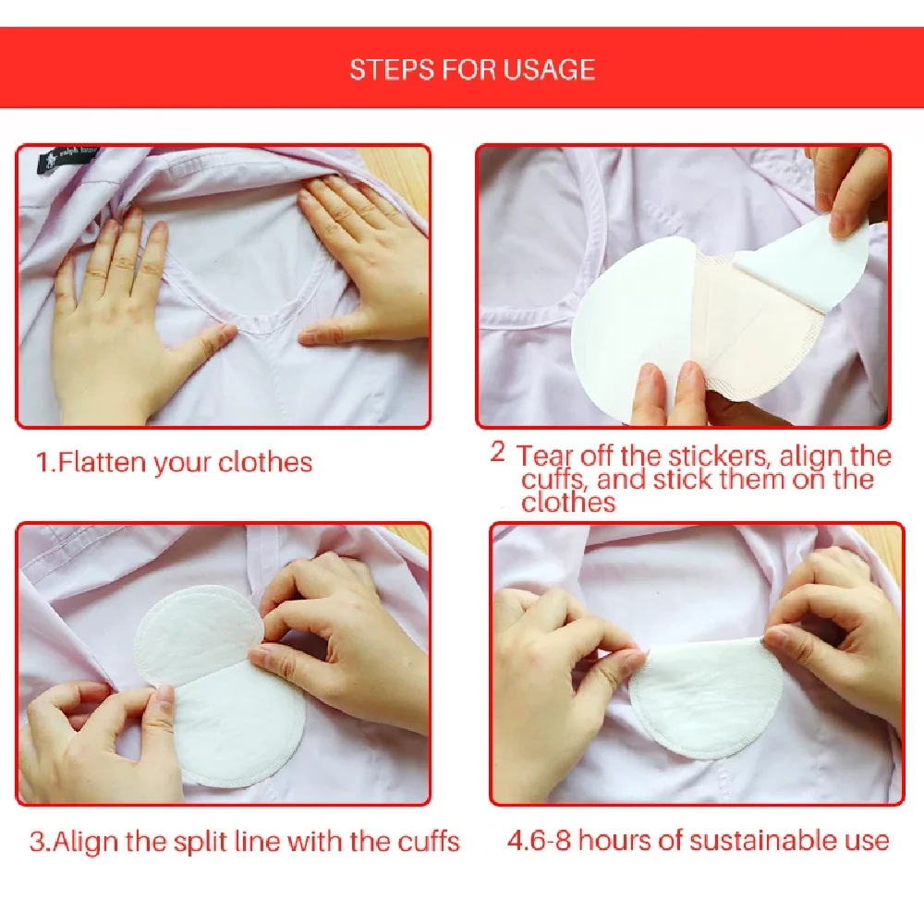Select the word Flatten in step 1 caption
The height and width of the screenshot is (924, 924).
pos(103,462)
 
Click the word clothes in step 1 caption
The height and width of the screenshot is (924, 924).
pos(265,462)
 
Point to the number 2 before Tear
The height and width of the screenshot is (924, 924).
pos(498,452)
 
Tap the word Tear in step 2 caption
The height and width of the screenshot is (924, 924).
pos(544,456)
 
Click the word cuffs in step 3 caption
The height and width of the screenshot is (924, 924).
pos(429,842)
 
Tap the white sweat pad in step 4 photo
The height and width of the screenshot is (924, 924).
pos(704,701)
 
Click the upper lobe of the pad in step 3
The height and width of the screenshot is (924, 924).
pos(198,637)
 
